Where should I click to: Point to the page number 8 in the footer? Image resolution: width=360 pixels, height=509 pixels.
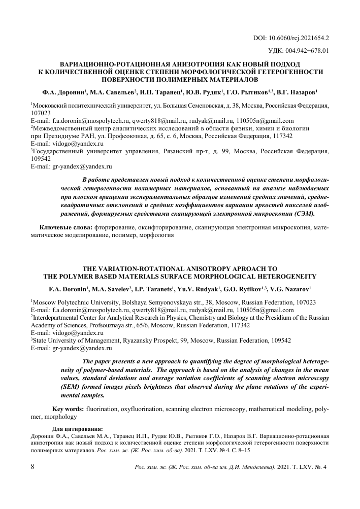33,467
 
